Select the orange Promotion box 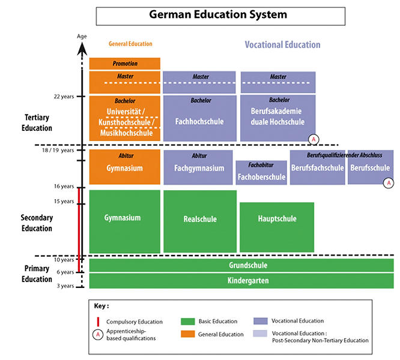(x=125, y=64)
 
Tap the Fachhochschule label (x=199, y=122)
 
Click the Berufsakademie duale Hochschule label (x=277, y=116)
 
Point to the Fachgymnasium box (x=198, y=168)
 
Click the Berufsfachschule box (x=317, y=167)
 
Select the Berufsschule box (x=370, y=167)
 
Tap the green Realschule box (x=199, y=219)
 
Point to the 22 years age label (x=62, y=96)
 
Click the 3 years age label (x=65, y=286)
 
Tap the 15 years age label (x=62, y=201)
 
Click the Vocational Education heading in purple (x=282, y=45)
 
